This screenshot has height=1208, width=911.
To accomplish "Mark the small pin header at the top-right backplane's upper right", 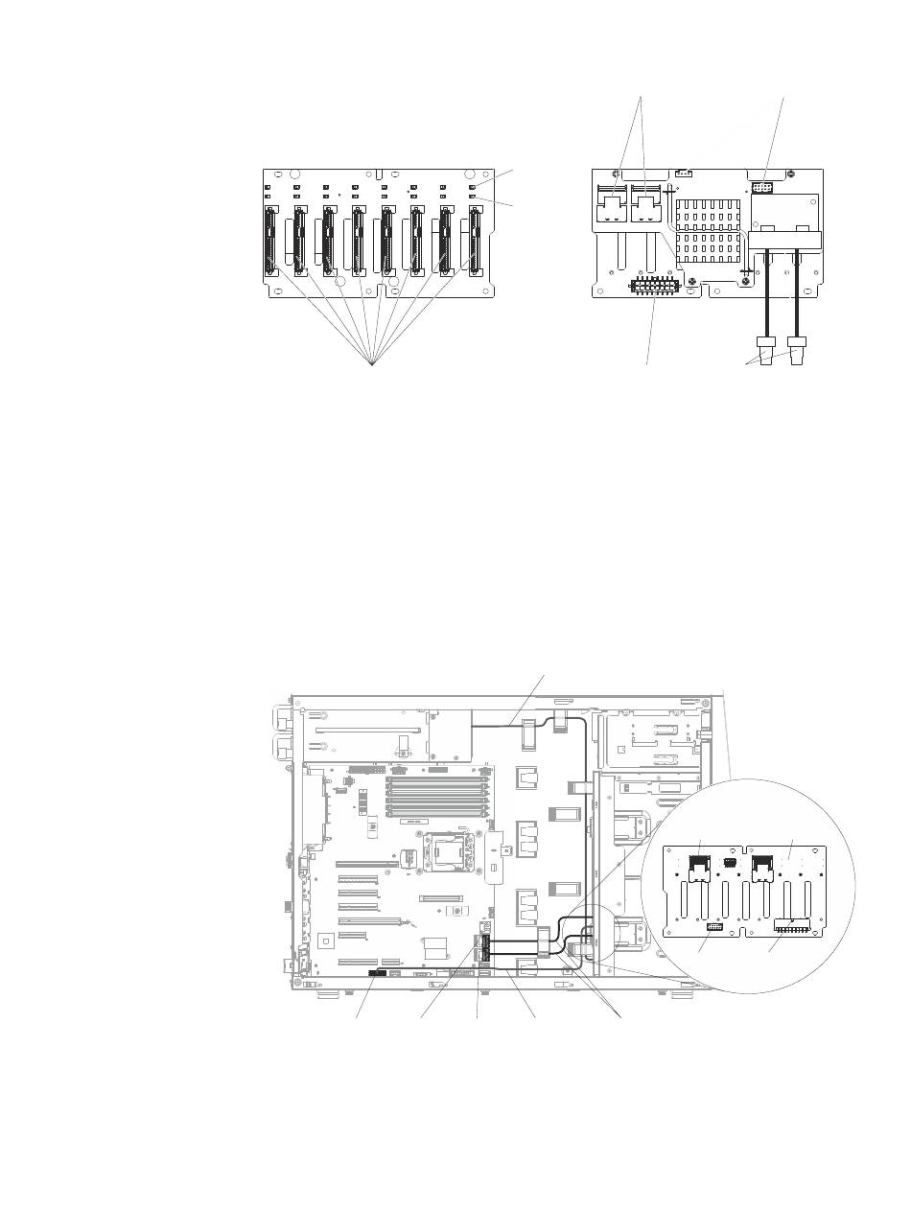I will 765,185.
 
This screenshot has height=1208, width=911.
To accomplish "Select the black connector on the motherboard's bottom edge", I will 378,973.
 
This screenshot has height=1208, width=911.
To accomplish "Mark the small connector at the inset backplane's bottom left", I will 713,929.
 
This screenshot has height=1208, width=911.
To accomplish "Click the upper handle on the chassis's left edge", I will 282,717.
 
